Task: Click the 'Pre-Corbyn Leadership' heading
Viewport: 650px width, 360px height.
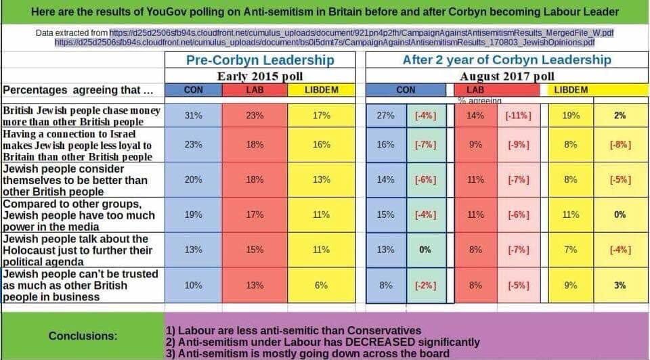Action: pos(260,60)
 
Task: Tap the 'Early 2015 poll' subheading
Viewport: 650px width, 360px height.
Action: pos(260,76)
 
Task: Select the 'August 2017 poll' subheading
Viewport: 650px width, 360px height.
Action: pos(506,76)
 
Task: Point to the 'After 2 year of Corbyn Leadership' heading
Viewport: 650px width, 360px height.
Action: pos(506,60)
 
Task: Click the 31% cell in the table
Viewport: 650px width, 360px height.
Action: pos(194,116)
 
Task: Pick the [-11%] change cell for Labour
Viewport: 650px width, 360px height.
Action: pos(519,116)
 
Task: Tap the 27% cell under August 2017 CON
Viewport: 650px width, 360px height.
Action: pos(386,116)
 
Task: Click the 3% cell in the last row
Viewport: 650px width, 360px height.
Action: pos(620,286)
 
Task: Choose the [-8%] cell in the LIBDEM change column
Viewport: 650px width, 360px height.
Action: pos(620,145)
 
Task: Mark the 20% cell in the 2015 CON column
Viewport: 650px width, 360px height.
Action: pos(194,180)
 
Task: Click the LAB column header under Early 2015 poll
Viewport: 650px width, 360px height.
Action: pos(255,90)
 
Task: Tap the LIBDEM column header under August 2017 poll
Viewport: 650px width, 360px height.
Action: pos(571,90)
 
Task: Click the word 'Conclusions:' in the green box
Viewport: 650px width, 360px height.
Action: pos(83,336)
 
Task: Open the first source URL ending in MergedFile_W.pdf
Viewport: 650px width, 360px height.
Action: pos(362,32)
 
